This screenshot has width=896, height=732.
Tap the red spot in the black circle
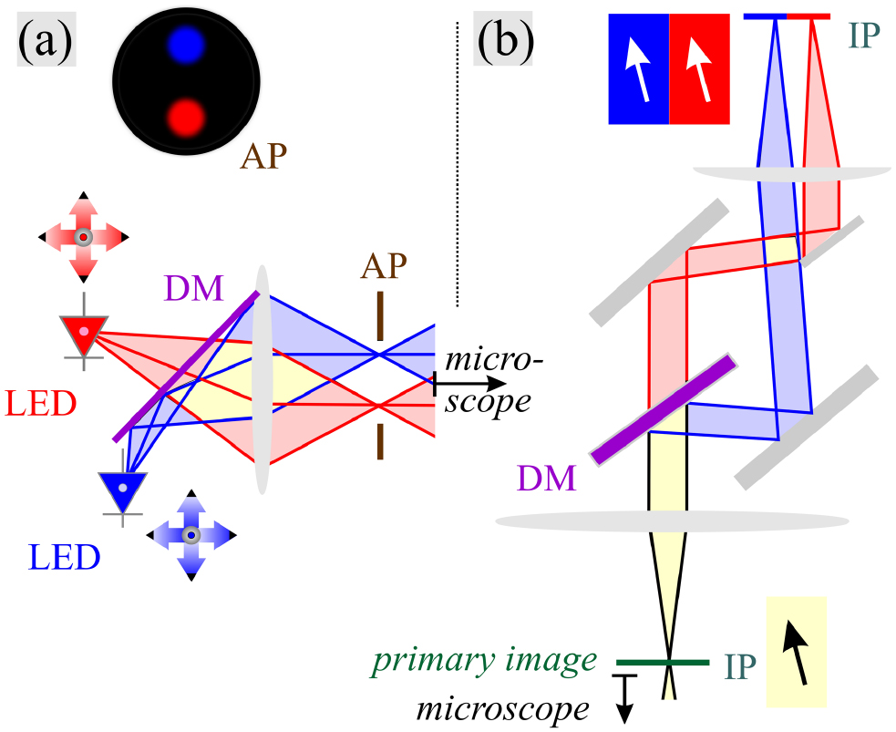click(187, 118)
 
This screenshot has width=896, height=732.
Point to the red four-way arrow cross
click(83, 237)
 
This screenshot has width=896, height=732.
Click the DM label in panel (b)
click(548, 477)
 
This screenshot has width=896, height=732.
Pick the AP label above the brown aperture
click(381, 266)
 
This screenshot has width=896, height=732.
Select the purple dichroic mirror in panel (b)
click(663, 408)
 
